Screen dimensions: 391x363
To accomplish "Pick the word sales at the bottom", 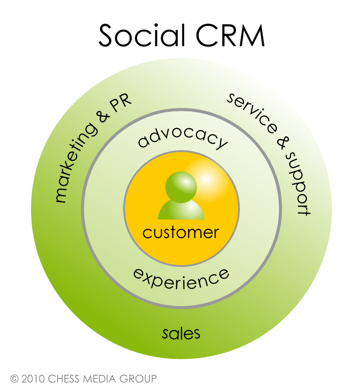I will coord(181,333).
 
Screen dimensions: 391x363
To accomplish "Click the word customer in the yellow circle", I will coord(181,232).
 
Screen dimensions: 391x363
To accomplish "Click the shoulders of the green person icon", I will coord(181,211).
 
